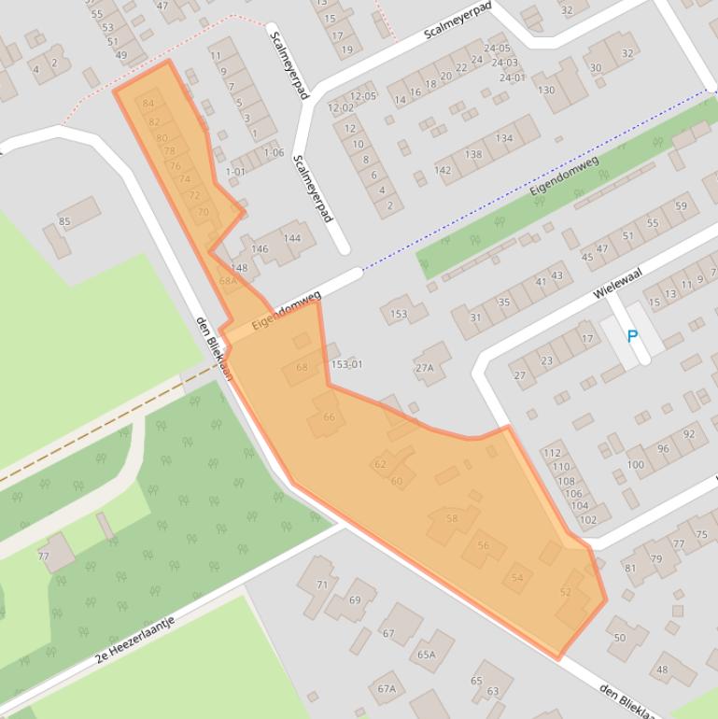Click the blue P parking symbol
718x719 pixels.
coord(633,336)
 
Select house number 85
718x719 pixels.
coord(64,221)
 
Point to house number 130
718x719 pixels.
coord(546,91)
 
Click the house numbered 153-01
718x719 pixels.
coord(346,364)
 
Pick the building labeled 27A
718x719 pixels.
coord(425,368)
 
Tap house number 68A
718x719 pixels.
coord(228,280)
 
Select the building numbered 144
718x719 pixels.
coord(292,238)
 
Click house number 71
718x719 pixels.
coord(322,585)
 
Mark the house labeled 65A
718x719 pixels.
coord(426,655)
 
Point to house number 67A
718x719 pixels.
coord(387,689)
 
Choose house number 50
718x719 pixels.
coord(620,638)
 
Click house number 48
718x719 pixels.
coord(662,670)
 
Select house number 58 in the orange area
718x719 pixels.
coord(452,518)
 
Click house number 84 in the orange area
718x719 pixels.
coord(148,104)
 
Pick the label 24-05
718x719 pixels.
coord(497,49)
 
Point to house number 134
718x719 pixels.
coord(504,138)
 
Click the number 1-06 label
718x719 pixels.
coord(274,153)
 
